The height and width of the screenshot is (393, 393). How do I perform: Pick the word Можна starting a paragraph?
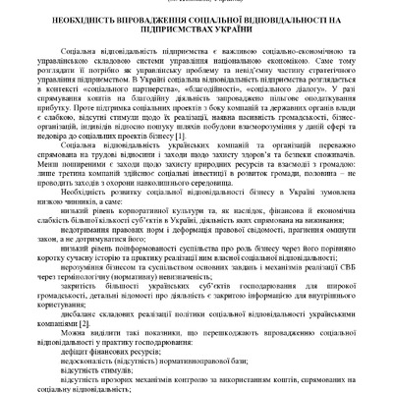pos(76,334)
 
